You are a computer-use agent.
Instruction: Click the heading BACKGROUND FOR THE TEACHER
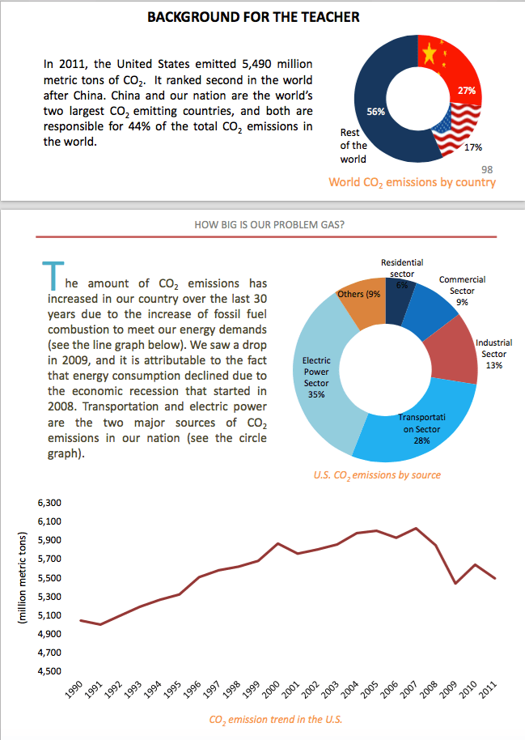(254, 16)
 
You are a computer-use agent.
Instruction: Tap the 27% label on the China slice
(467, 91)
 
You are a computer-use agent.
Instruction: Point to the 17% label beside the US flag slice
(474, 147)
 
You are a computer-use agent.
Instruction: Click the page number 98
(487, 169)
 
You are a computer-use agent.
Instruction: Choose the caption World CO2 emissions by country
(412, 183)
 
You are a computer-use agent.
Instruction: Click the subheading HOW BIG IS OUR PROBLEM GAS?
(269, 224)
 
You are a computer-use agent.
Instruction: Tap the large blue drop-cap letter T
(50, 275)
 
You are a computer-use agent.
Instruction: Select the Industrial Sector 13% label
(493, 354)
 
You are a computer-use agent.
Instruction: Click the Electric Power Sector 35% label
(316, 377)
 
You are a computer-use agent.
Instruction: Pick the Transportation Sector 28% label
(421, 428)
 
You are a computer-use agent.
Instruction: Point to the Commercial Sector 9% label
(462, 290)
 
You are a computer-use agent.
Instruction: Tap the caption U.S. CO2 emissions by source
(377, 474)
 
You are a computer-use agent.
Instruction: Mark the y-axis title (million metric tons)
(23, 577)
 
